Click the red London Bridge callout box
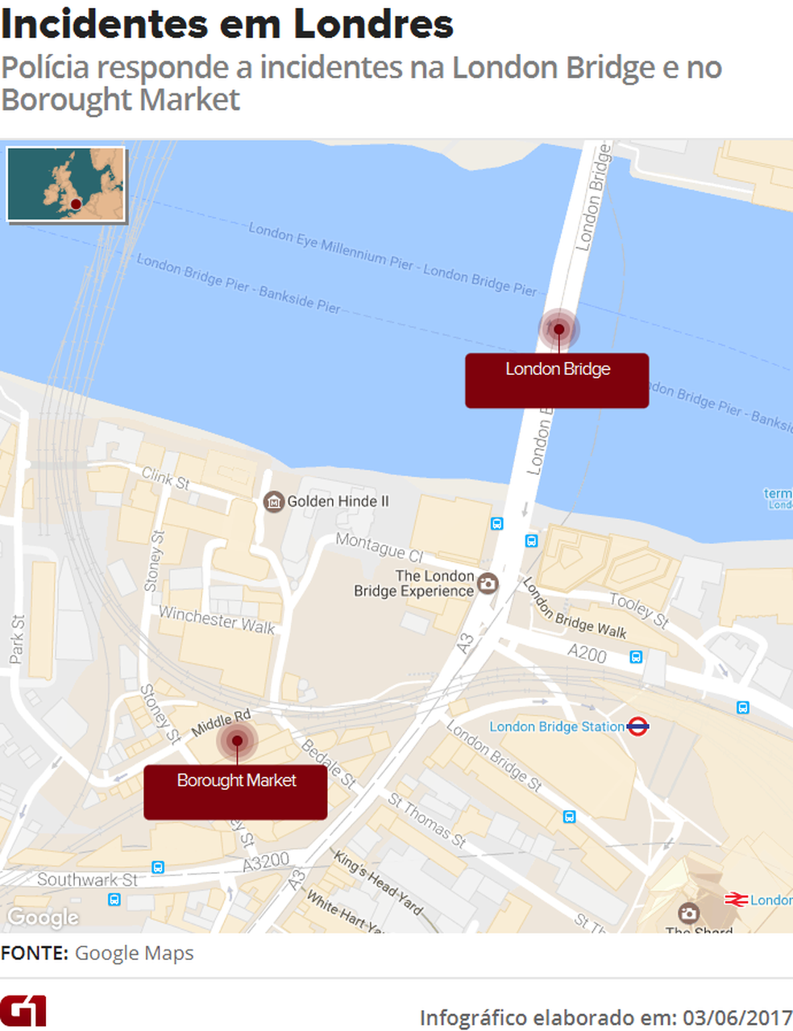[x=556, y=380]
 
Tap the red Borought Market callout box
[x=235, y=792]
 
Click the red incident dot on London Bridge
[x=558, y=329]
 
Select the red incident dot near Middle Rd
[x=237, y=741]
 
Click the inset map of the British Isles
[x=66, y=184]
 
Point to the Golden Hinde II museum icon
[x=274, y=502]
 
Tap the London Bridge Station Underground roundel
[x=637, y=726]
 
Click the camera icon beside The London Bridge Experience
[x=488, y=584]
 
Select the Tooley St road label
[x=639, y=609]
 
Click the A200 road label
[x=587, y=654]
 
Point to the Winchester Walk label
[x=217, y=620]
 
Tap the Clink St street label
[x=165, y=478]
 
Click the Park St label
[x=17, y=639]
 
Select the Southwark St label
[x=87, y=879]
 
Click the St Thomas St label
[x=427, y=821]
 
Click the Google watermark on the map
[x=43, y=917]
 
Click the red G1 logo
[x=23, y=1011]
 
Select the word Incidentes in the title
[x=105, y=24]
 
